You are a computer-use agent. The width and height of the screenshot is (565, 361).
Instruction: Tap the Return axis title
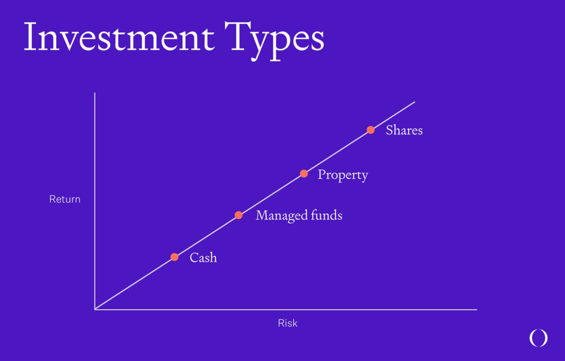(65, 199)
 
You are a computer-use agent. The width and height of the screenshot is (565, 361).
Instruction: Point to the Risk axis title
(287, 323)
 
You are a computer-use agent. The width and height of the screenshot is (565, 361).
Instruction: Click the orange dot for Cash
(174, 257)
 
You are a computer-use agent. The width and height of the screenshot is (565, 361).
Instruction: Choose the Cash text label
(203, 258)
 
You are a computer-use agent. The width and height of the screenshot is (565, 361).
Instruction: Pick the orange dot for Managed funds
(239, 215)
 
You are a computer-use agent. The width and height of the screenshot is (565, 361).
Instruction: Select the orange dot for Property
(304, 173)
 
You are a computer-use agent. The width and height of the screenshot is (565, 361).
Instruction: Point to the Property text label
(343, 175)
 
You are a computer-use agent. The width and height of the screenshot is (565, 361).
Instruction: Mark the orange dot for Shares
(370, 130)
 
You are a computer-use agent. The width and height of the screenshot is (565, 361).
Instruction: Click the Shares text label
(404, 130)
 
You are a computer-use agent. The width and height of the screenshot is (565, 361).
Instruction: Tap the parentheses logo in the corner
(538, 338)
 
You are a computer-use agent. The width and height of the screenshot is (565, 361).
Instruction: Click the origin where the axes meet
(95, 309)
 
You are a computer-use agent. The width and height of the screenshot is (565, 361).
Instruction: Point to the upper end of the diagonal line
(414, 102)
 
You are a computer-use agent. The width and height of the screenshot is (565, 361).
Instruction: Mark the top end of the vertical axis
(95, 93)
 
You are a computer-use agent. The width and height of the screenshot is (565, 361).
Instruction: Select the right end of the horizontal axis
(476, 309)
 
